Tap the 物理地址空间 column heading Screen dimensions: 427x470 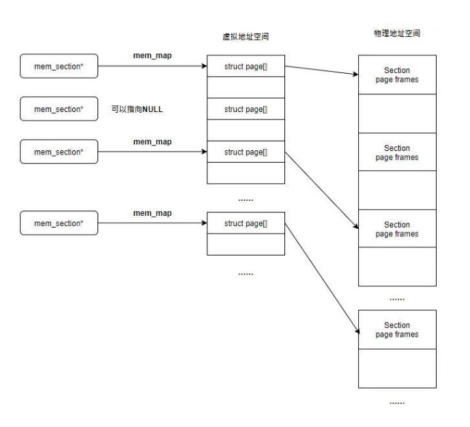[396, 33]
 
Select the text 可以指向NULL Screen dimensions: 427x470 [136, 109]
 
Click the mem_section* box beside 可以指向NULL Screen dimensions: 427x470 [58, 109]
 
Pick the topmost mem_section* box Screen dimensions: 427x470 [58, 66]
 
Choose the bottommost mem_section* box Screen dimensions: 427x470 [58, 223]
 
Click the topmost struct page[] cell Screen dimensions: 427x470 [246, 66]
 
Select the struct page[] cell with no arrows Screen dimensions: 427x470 [246, 109]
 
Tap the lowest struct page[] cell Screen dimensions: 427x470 [246, 223]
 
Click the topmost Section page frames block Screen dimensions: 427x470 [396, 75]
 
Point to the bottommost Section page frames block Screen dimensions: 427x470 [396, 330]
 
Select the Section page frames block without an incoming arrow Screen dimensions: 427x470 [396, 152]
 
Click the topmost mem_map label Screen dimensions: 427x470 [152, 54]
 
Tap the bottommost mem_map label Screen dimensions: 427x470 [152, 213]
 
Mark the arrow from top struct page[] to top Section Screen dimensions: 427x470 [321, 70]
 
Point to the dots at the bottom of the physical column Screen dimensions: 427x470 [396, 403]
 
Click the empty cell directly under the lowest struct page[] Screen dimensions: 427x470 [246, 244]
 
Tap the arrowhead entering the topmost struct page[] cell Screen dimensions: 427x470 [203, 66]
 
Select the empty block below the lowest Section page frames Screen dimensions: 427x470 [396, 369]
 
